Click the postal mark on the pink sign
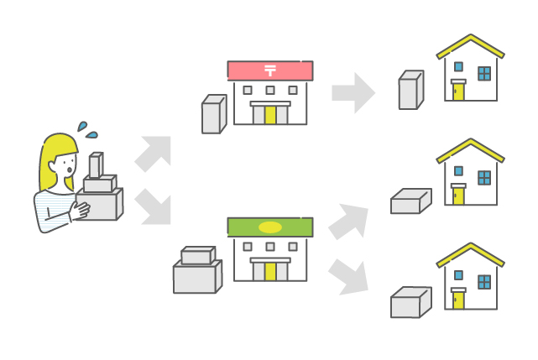[x=269, y=70]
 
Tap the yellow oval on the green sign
[x=269, y=227]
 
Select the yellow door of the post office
[x=270, y=115]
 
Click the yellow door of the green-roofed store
[x=270, y=271]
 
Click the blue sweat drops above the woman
[x=87, y=129]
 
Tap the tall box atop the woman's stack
[x=96, y=165]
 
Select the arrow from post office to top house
[x=353, y=92]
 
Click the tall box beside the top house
[x=410, y=91]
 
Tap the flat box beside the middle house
[x=410, y=201]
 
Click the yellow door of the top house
[x=458, y=90]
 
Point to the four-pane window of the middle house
[x=484, y=178]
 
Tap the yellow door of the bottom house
[x=458, y=300]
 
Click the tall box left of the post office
[x=213, y=115]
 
